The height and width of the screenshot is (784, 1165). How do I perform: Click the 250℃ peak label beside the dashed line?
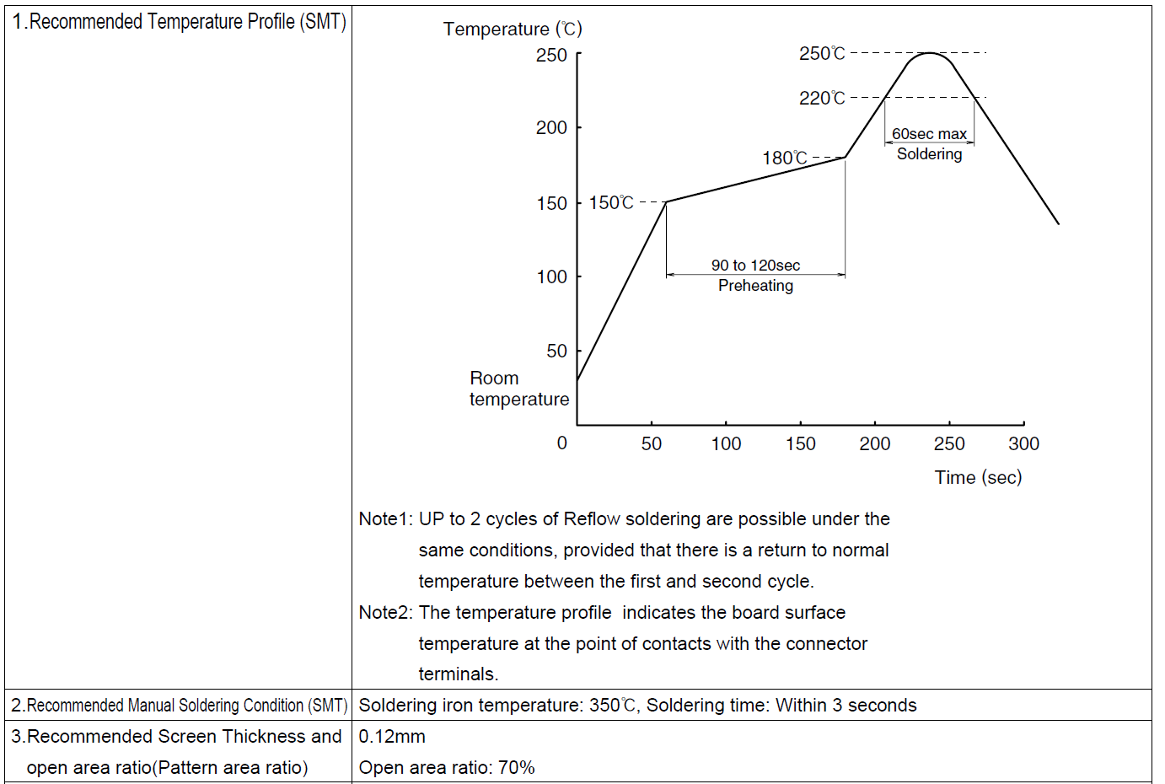[x=822, y=54]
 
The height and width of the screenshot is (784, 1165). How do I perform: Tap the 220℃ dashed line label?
[x=822, y=99]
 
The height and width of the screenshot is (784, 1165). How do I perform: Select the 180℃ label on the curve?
[x=785, y=158]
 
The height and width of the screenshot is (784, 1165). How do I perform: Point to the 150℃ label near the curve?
[x=611, y=203]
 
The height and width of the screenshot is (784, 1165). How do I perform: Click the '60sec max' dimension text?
[x=929, y=134]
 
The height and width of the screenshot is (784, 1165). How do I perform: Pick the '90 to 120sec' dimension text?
[x=755, y=266]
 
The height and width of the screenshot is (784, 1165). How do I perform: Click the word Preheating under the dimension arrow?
[x=755, y=286]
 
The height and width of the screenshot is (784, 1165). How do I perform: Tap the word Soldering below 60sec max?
[x=929, y=154]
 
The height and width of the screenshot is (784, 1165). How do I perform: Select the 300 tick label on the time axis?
[x=1023, y=444]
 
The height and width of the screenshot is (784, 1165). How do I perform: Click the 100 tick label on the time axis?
[x=726, y=444]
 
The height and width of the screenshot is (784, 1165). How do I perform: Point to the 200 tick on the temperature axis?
[x=551, y=128]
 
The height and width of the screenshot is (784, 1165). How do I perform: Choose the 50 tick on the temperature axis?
[x=556, y=351]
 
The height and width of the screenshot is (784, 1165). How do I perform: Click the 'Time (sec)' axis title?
[x=978, y=478]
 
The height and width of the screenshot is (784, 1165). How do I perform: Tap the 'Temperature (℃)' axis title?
[x=513, y=30]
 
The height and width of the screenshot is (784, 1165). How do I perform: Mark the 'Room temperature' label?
[x=518, y=389]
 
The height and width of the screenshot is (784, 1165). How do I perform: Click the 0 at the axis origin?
[x=562, y=443]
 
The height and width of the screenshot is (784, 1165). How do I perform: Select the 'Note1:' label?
[x=385, y=519]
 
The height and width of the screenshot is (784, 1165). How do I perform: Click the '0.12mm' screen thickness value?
[x=392, y=737]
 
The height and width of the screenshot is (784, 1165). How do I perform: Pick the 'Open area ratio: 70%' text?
[x=447, y=768]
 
